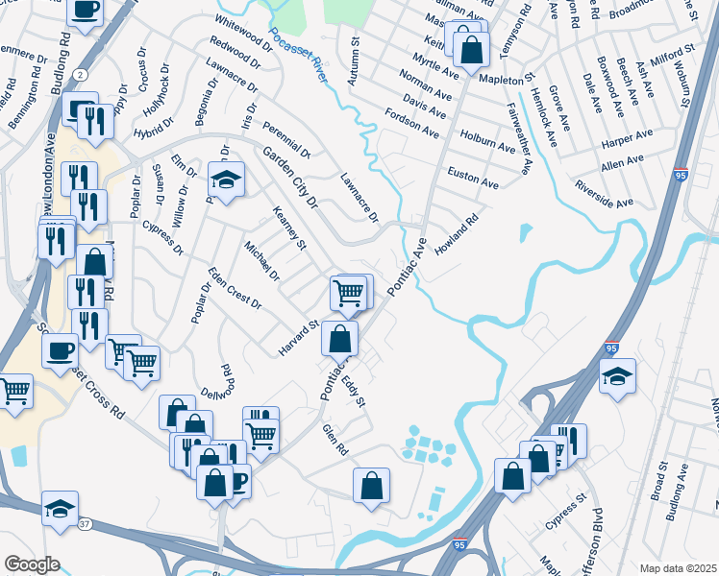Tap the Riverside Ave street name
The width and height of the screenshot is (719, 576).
(604, 194)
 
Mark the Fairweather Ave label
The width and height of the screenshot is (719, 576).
(518, 139)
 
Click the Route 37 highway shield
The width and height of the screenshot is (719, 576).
(85, 524)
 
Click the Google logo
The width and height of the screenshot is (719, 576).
(31, 564)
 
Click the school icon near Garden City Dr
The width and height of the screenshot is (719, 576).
(226, 180)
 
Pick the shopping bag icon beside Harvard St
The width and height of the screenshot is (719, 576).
(340, 338)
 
